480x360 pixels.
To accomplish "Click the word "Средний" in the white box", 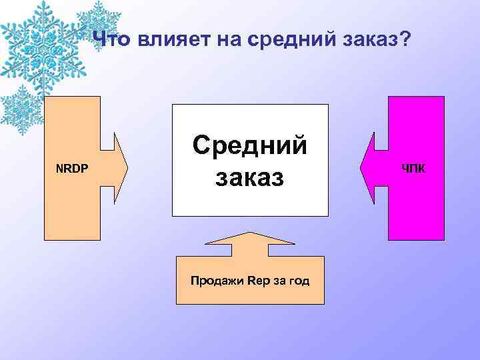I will (250, 145).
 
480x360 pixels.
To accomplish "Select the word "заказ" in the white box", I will (250, 177).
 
